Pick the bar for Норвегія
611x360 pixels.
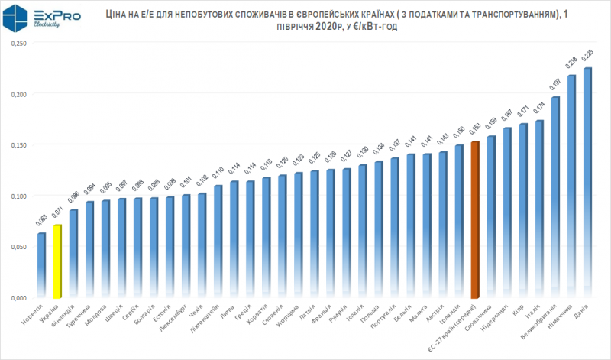41,264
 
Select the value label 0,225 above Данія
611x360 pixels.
587,57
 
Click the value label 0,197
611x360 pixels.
555,85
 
